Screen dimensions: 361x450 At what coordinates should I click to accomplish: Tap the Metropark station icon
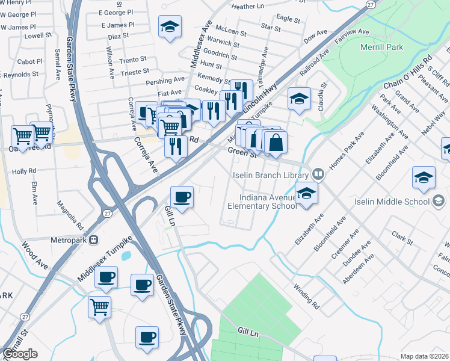click(x=94, y=240)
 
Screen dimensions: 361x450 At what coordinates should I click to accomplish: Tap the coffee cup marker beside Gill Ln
click(x=182, y=197)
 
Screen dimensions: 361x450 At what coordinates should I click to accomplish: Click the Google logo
click(x=20, y=354)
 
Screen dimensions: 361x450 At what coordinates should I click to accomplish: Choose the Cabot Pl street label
click(x=29, y=61)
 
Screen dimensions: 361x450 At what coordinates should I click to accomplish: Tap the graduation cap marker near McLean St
click(x=170, y=26)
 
